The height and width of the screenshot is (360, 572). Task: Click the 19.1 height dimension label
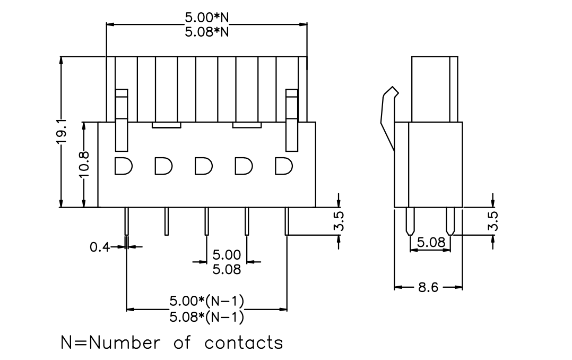coord(62,131)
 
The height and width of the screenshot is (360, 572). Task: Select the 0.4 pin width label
coord(100,247)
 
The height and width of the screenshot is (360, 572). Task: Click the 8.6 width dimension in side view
coord(428,287)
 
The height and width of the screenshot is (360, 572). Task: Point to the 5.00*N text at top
coord(206,17)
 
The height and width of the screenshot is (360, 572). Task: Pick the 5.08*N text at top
coord(206,32)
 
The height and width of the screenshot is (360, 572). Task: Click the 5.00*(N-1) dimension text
coord(206,301)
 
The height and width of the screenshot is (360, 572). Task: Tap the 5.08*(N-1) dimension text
coord(206,316)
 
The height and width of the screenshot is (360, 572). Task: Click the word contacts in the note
coord(244,343)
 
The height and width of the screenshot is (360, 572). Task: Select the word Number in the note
coord(124,342)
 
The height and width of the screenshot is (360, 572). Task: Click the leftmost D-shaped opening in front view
coord(123,166)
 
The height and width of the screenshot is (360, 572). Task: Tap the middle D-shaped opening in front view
coord(203,166)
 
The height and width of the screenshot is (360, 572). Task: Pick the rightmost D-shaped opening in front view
coord(283,166)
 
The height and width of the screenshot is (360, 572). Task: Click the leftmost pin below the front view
coord(127,221)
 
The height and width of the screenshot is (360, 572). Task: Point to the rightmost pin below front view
coord(287,221)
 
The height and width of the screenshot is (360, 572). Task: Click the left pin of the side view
coord(410,221)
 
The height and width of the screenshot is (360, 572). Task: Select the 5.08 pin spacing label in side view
coord(431,242)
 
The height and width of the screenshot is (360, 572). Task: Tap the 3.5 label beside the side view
coord(493,221)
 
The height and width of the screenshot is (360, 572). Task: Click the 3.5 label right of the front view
coord(339,221)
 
